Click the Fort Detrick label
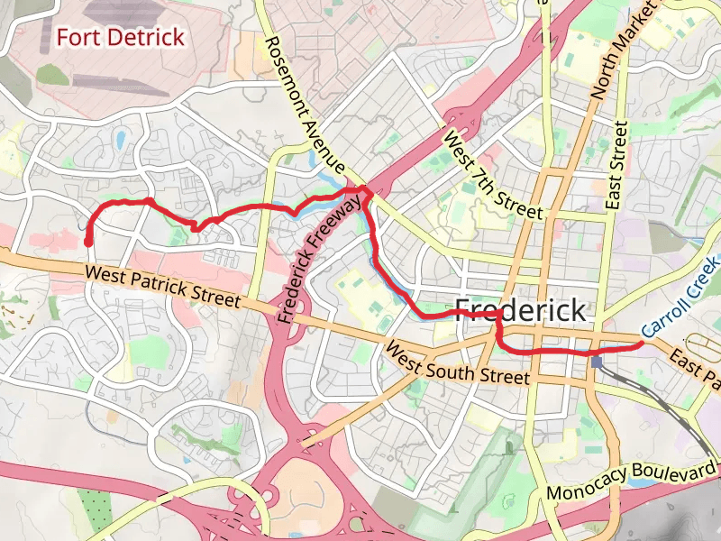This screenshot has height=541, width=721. [120, 37]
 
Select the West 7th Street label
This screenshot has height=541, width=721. [493, 176]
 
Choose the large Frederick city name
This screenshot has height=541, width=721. [521, 310]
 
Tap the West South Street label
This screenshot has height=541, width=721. [457, 362]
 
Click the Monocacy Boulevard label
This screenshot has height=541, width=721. [633, 482]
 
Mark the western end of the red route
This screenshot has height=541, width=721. [88, 242]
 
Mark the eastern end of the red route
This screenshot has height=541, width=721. [641, 344]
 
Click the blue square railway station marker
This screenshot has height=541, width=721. [597, 362]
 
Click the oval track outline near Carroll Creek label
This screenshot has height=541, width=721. [702, 346]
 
